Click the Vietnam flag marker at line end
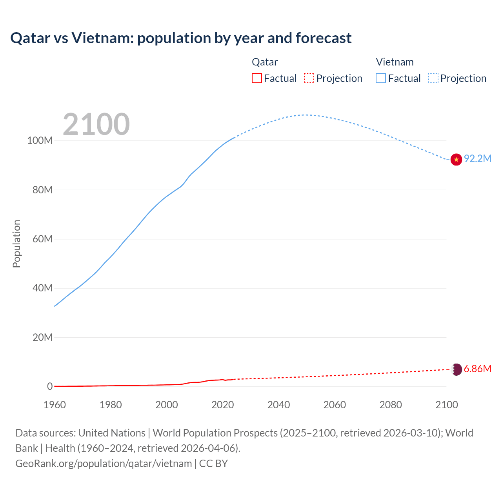point(456,160)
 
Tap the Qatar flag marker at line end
point(456,369)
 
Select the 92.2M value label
point(478,159)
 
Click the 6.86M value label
point(478,369)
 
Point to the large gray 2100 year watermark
point(96,124)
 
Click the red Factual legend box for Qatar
point(256,78)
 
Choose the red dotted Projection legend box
point(309,78)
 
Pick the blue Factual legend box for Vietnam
point(380,78)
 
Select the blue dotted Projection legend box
point(433,78)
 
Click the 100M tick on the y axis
point(40,141)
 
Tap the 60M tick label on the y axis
point(42,239)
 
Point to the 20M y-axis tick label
point(42,338)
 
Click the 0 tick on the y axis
point(50,387)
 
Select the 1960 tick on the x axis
point(55,405)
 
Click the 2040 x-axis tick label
point(278,405)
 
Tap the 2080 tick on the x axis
point(391,405)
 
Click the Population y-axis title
point(16,244)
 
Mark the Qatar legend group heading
point(265,62)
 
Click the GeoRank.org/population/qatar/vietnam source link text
point(104,464)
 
